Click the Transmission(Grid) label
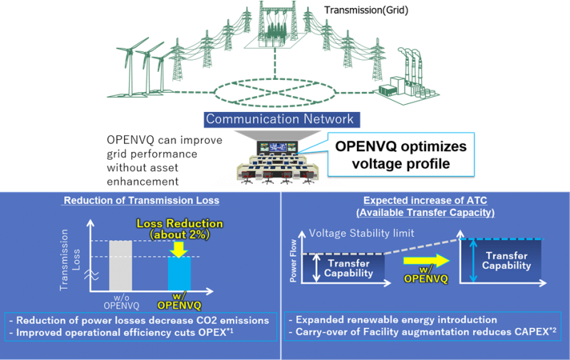click(x=366, y=10)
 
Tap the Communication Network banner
click(x=281, y=119)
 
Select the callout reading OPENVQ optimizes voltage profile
click(x=401, y=155)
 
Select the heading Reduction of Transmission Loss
click(x=141, y=200)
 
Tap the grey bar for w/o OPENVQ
click(x=120, y=266)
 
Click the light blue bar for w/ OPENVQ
click(x=180, y=274)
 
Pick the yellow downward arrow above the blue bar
click(x=179, y=250)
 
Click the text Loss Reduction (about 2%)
click(x=180, y=229)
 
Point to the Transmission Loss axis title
click(x=70, y=259)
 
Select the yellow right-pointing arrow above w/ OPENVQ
click(x=426, y=260)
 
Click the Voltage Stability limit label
click(x=361, y=233)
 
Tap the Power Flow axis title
click(x=293, y=261)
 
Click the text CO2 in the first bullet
click(x=207, y=320)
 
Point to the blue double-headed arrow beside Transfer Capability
click(x=473, y=260)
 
